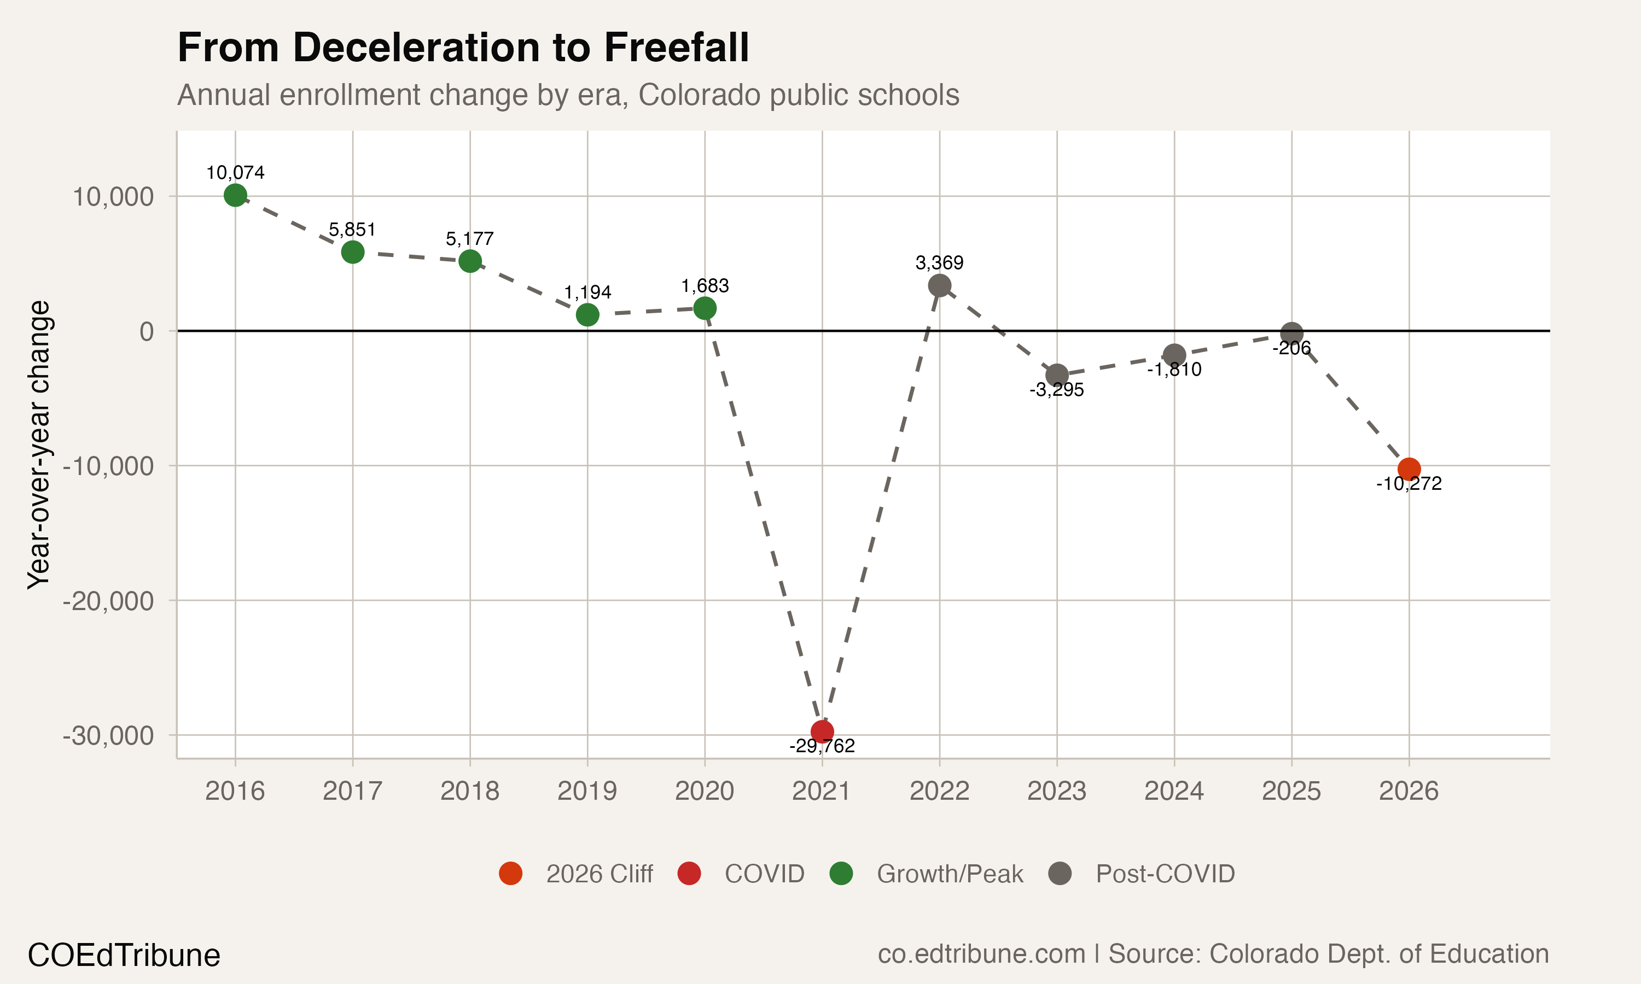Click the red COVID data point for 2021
click(x=822, y=732)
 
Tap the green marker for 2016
click(x=235, y=195)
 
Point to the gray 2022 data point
click(x=939, y=286)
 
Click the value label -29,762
click(x=822, y=747)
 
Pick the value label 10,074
click(x=235, y=173)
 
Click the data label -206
click(x=1291, y=349)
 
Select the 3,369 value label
click(x=939, y=263)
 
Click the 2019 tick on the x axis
click(x=587, y=791)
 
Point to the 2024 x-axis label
click(x=1174, y=791)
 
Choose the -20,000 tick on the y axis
click(x=108, y=601)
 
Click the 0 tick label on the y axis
click(x=147, y=331)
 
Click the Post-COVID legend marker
click(x=1060, y=874)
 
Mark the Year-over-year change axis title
click(x=38, y=444)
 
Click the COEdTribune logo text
click(x=124, y=956)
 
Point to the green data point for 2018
click(x=470, y=261)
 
